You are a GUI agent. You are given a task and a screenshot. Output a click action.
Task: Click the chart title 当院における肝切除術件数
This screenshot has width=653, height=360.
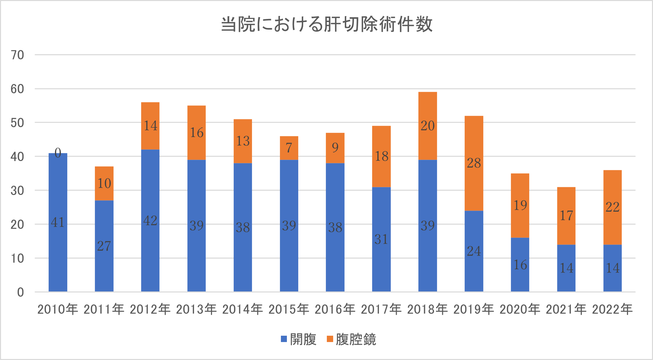(326, 24)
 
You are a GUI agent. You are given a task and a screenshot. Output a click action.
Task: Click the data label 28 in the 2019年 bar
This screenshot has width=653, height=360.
(474, 163)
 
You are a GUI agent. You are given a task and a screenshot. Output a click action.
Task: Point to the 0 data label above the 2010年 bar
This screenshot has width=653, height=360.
(58, 153)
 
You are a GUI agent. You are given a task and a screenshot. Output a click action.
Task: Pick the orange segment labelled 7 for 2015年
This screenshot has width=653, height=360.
(289, 148)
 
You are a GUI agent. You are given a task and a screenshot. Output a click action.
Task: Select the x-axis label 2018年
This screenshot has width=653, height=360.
(427, 309)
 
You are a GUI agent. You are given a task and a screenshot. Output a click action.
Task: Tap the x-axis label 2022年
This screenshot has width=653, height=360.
(612, 309)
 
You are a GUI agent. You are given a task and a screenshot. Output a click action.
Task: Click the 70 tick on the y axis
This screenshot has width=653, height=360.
(17, 55)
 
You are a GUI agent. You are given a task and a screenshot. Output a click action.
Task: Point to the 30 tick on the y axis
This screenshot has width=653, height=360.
(17, 191)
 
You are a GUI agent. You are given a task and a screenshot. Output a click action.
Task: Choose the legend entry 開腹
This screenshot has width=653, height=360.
(299, 339)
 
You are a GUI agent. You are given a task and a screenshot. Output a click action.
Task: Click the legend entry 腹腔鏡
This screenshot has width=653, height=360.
(351, 339)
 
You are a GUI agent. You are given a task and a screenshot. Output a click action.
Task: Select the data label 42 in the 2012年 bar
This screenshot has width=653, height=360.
(150, 221)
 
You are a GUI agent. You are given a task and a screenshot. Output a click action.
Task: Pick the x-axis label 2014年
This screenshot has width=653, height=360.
(242, 309)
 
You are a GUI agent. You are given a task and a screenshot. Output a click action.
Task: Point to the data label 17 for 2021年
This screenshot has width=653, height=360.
(566, 216)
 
